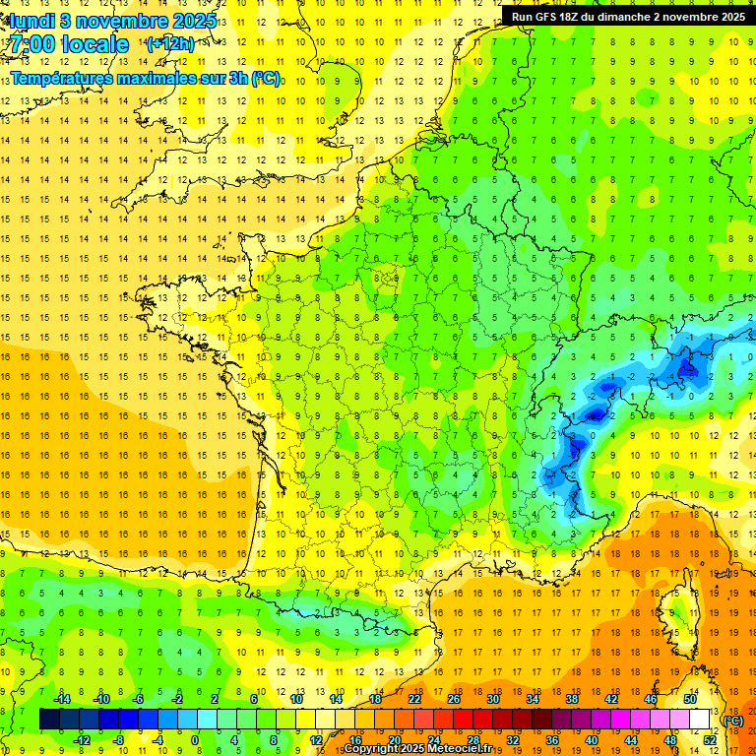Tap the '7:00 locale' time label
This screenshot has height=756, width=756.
[68, 44]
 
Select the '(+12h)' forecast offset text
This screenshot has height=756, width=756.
[170, 44]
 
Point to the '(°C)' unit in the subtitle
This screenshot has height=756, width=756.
[265, 78]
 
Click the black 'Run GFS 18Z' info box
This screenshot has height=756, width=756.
[627, 16]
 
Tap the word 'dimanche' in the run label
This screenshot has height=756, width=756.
[619, 16]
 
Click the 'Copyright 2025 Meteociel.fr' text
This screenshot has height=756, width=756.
[417, 749]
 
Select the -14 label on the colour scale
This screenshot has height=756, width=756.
[61, 699]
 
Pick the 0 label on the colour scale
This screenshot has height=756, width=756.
[195, 739]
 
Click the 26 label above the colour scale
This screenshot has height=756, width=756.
[454, 699]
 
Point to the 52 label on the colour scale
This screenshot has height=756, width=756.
[710, 739]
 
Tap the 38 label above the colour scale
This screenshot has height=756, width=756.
[572, 699]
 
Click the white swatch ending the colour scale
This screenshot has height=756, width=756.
[700, 719]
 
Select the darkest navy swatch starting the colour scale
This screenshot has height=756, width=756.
[49, 719]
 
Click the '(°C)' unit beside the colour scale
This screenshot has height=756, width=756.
[732, 720]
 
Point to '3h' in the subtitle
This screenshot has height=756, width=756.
[236, 78]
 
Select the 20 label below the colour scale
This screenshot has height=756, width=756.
[395, 739]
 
